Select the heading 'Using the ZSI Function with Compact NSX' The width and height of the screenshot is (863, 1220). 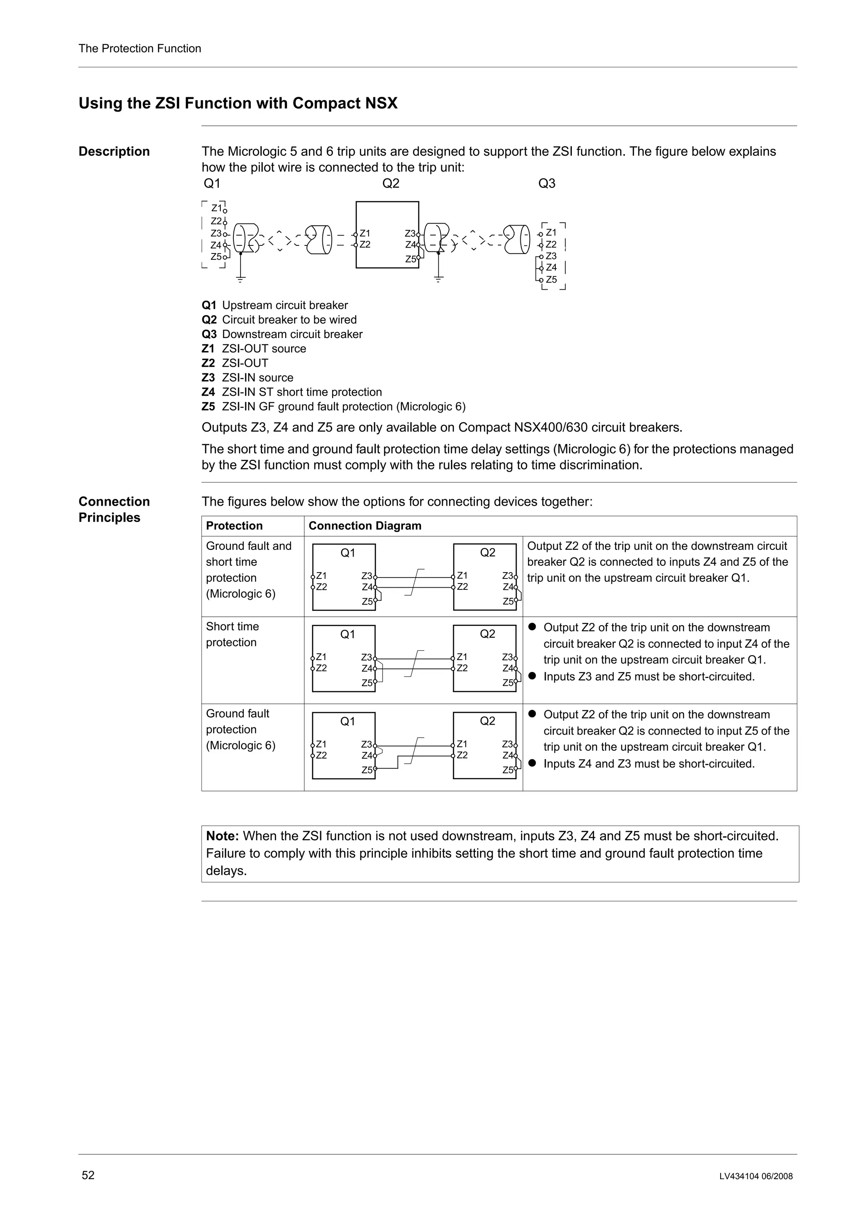pos(238,103)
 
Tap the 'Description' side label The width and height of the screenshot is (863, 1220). pos(114,152)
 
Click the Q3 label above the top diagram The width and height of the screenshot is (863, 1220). pos(547,184)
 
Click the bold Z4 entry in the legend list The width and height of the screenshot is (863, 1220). pos(208,392)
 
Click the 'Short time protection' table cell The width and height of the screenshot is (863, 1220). pos(232,634)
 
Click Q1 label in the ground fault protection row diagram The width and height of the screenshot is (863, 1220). pos(347,721)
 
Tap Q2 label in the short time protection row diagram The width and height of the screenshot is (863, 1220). pos(487,634)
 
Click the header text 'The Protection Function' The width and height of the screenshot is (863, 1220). pos(140,49)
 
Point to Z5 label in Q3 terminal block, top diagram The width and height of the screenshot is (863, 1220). pos(552,280)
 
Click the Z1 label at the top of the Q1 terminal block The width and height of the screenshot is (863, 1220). pos(217,208)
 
